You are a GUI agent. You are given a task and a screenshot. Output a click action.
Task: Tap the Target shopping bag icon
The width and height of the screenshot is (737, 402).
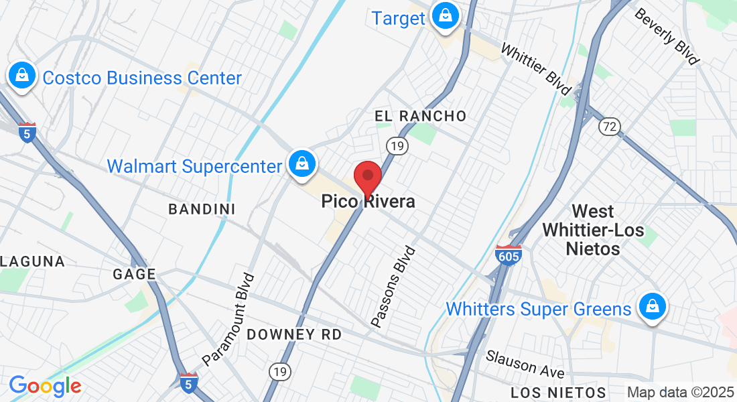tap(444, 15)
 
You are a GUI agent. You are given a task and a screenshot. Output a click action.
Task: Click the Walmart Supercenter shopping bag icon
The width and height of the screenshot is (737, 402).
tap(302, 163)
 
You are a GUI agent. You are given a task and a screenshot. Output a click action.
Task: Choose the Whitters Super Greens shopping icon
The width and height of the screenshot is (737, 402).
tap(651, 307)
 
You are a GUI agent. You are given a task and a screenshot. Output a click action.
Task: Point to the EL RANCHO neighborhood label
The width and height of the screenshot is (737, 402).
tap(420, 116)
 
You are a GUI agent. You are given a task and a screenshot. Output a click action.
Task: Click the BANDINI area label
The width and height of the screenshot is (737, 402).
tap(202, 209)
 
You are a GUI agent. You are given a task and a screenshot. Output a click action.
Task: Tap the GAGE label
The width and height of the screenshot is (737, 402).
tap(134, 273)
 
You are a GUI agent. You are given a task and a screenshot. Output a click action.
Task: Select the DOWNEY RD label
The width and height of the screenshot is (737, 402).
tap(294, 334)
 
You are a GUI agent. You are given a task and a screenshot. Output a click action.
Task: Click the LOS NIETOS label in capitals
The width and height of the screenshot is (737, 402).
tap(558, 393)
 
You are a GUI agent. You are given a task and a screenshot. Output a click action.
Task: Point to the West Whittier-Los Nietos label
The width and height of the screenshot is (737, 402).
tap(592, 230)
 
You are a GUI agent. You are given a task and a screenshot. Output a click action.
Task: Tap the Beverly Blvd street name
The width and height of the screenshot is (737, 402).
tap(666, 36)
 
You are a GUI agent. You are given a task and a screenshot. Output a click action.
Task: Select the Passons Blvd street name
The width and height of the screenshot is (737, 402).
tap(394, 287)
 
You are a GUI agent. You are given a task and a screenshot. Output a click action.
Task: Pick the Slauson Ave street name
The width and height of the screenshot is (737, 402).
tap(525, 363)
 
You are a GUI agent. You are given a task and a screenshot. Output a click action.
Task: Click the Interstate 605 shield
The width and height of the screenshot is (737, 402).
tap(509, 255)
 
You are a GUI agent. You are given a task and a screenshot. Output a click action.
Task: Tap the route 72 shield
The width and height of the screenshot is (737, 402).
tap(610, 127)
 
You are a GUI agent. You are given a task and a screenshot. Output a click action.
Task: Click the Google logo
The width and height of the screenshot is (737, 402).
tap(45, 386)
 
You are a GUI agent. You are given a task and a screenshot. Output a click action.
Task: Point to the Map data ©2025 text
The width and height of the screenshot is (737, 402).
tap(681, 393)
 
